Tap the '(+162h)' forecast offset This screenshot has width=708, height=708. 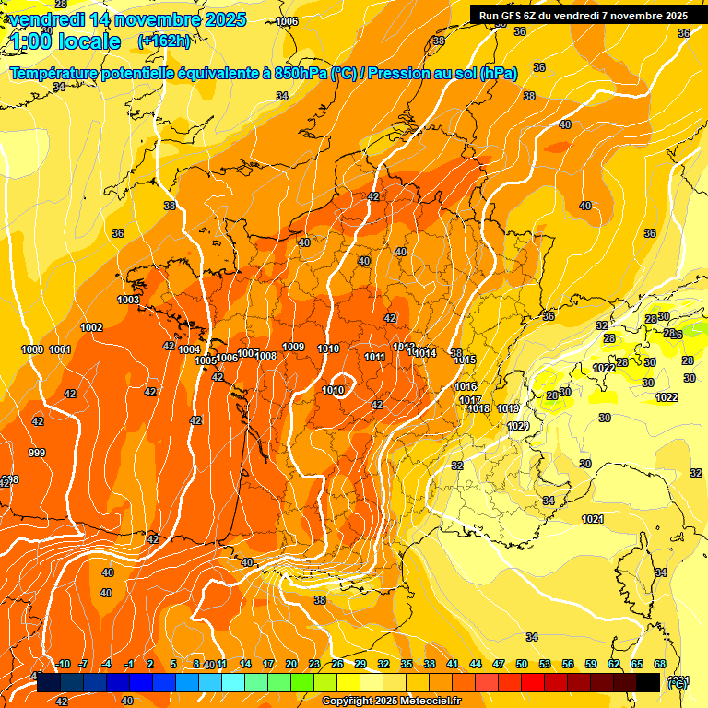pyautogui.click(x=163, y=41)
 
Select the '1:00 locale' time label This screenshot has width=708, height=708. pyautogui.click(x=64, y=41)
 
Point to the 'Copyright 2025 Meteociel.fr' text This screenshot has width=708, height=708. pyautogui.click(x=391, y=702)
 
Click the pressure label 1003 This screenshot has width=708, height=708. pyautogui.click(x=128, y=300)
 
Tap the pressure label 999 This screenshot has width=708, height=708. pyautogui.click(x=37, y=453)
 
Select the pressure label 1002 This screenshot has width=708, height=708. pyautogui.click(x=91, y=327)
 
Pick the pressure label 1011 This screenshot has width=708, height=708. pyautogui.click(x=374, y=357)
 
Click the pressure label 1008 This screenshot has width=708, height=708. pyautogui.click(x=266, y=356)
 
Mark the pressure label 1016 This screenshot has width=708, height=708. pyautogui.click(x=466, y=386)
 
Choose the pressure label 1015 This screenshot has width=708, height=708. pyautogui.click(x=465, y=360)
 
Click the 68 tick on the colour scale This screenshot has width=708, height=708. pyautogui.click(x=660, y=664)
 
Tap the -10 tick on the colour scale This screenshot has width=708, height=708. pyautogui.click(x=64, y=664)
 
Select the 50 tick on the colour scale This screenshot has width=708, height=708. pyautogui.click(x=522, y=664)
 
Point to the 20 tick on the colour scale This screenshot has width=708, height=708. pyautogui.click(x=291, y=664)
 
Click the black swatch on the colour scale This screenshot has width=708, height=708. pyautogui.click(x=648, y=682)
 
